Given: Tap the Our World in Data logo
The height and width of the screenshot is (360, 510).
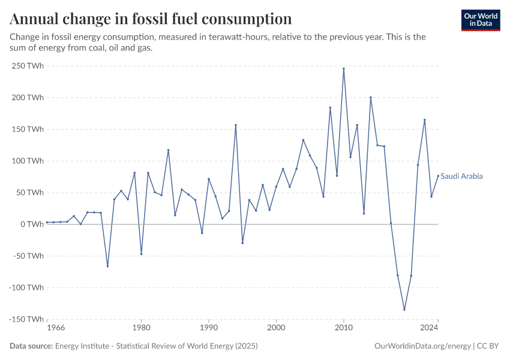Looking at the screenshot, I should click(x=480, y=20).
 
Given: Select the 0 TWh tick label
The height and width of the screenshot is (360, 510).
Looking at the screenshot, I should click(x=32, y=224).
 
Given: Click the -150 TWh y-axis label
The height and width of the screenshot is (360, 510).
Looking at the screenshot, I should click(x=26, y=319).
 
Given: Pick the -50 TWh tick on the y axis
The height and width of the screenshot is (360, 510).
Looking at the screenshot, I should click(x=28, y=256).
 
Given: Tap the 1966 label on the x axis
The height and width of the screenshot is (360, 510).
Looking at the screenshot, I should click(x=55, y=328).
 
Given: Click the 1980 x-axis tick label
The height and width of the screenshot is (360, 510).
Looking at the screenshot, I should click(x=141, y=328).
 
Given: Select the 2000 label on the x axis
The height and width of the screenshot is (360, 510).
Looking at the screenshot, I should click(x=276, y=328).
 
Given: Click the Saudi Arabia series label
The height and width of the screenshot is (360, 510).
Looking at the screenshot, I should click(x=461, y=176).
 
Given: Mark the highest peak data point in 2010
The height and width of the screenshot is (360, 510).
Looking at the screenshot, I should click(x=344, y=68).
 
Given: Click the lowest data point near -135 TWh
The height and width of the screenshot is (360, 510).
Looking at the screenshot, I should click(x=404, y=310).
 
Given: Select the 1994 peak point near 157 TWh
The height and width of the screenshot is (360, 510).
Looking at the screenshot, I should click(x=236, y=125).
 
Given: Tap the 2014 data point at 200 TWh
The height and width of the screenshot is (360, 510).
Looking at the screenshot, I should click(x=371, y=97).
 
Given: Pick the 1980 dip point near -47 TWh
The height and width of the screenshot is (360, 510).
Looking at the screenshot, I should click(x=141, y=254).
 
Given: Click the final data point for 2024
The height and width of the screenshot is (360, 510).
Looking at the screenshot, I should click(x=438, y=176).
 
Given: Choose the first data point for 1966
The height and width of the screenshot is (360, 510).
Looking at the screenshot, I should click(x=47, y=222).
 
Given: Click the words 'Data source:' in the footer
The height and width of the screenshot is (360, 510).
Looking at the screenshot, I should click(x=31, y=346).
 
